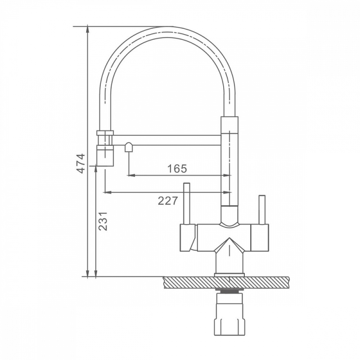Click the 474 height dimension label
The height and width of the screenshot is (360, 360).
[81, 163]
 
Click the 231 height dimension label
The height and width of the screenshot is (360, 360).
[103, 221]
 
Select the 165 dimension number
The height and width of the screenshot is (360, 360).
[177, 169]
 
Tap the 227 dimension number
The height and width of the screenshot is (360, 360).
[168, 201]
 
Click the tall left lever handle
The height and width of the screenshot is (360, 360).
[186, 204]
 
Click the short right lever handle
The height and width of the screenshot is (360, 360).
[262, 210]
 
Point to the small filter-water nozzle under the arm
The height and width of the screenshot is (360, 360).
[128, 147]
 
